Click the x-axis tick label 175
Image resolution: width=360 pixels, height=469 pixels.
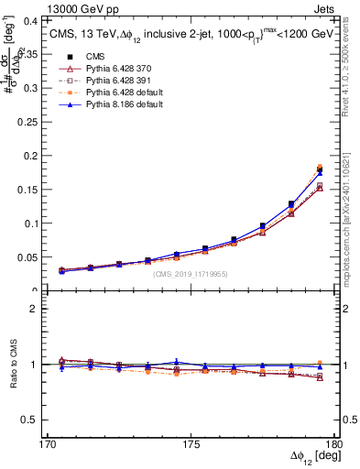(x=191, y=444)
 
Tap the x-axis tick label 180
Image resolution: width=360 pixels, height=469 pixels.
(x=333, y=444)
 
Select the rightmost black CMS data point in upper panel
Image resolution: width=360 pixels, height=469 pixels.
(x=320, y=170)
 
